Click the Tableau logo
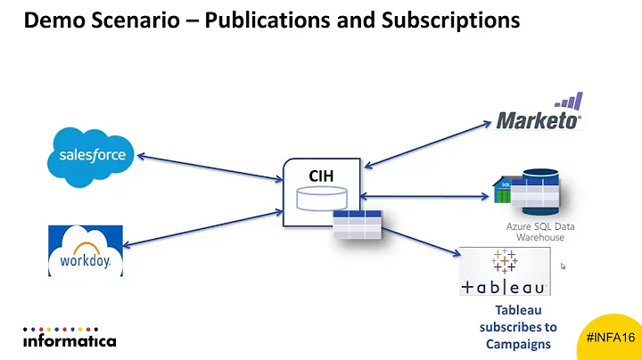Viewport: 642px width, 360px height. pyautogui.click(x=504, y=272)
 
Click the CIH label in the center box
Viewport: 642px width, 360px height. pyautogui.click(x=321, y=176)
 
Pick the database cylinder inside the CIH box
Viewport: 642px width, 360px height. pyautogui.click(x=321, y=199)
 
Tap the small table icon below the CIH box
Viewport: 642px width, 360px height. pyautogui.click(x=358, y=225)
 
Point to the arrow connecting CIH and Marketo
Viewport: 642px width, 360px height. pyautogui.click(x=429, y=141)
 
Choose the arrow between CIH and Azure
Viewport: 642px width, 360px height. pyautogui.click(x=425, y=197)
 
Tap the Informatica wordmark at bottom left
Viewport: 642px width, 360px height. pyautogui.click(x=70, y=340)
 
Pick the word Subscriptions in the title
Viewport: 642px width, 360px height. pyautogui.click(x=448, y=19)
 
